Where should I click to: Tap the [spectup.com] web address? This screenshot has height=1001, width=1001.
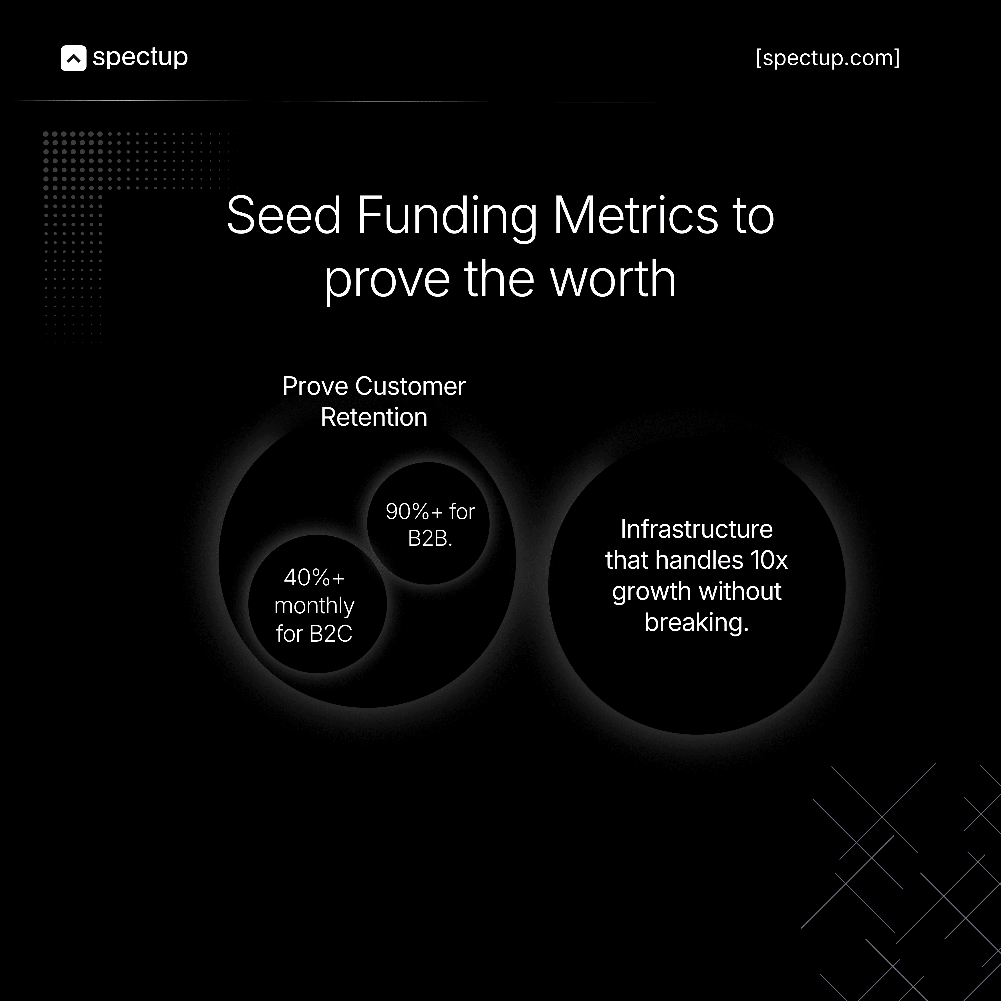point(828,58)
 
